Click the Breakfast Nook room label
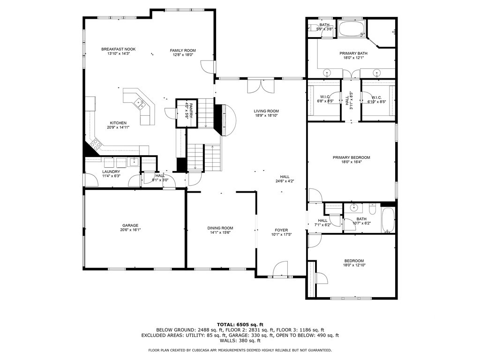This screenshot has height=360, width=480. [x=115, y=49]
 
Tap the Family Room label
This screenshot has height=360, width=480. [x=183, y=50]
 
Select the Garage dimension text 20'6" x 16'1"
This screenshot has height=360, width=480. [x=130, y=230]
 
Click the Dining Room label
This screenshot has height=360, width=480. [x=220, y=228]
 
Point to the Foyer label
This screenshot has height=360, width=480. [x=281, y=230]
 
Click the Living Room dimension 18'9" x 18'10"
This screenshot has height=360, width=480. [x=267, y=115]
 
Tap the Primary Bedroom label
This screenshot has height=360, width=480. [x=352, y=157]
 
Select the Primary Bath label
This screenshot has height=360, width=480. [x=353, y=53]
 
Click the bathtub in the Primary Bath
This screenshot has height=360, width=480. [x=351, y=29]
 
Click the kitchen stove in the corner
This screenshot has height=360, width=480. [x=95, y=144]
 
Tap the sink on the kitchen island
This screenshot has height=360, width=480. [x=139, y=102]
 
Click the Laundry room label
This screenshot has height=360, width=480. [x=111, y=172]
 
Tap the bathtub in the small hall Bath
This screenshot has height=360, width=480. [x=388, y=220]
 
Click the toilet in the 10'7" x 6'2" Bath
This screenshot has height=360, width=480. [x=373, y=208]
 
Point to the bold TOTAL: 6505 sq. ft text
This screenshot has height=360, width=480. [x=240, y=324]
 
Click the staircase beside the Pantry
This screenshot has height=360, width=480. [x=204, y=157]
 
